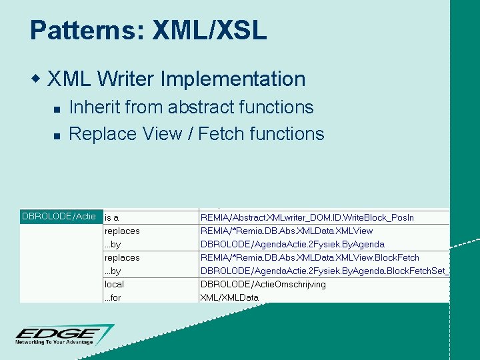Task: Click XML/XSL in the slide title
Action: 209,30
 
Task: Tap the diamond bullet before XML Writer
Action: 37,79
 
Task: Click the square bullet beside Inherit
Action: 57,108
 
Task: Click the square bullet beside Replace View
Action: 57,135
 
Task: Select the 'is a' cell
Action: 112,217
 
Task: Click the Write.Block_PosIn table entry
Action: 307,217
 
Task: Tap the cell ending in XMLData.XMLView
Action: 287,231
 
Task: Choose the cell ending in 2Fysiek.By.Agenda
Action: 293,244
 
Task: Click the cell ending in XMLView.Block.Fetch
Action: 310,257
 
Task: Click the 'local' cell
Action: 115,284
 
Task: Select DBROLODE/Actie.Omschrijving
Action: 263,284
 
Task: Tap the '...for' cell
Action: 113,297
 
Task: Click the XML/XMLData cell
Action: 229,297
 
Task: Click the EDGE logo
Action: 63,335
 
